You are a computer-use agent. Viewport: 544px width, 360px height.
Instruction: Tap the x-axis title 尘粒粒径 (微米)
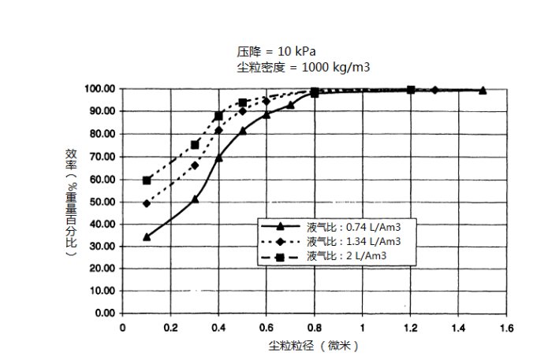tap(315, 346)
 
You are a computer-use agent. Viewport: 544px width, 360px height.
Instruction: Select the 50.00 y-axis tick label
tap(102, 202)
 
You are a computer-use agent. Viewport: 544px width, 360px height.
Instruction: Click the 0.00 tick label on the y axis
tap(105, 314)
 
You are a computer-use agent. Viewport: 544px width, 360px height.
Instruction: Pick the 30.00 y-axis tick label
tap(102, 247)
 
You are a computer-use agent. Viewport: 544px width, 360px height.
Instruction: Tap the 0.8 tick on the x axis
tap(315, 327)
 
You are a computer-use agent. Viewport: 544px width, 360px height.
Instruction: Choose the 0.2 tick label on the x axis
tap(170, 327)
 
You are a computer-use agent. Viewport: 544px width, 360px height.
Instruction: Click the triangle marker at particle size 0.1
tap(147, 236)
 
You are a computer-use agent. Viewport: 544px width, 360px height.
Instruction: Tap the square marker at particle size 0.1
tap(147, 180)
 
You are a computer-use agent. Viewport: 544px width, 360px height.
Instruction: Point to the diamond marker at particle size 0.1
tap(147, 203)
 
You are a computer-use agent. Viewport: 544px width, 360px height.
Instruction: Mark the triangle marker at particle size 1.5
tap(483, 91)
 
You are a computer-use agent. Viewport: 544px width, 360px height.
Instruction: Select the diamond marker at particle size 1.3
tap(434, 90)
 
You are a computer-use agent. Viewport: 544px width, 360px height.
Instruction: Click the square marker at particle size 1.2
tap(411, 90)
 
